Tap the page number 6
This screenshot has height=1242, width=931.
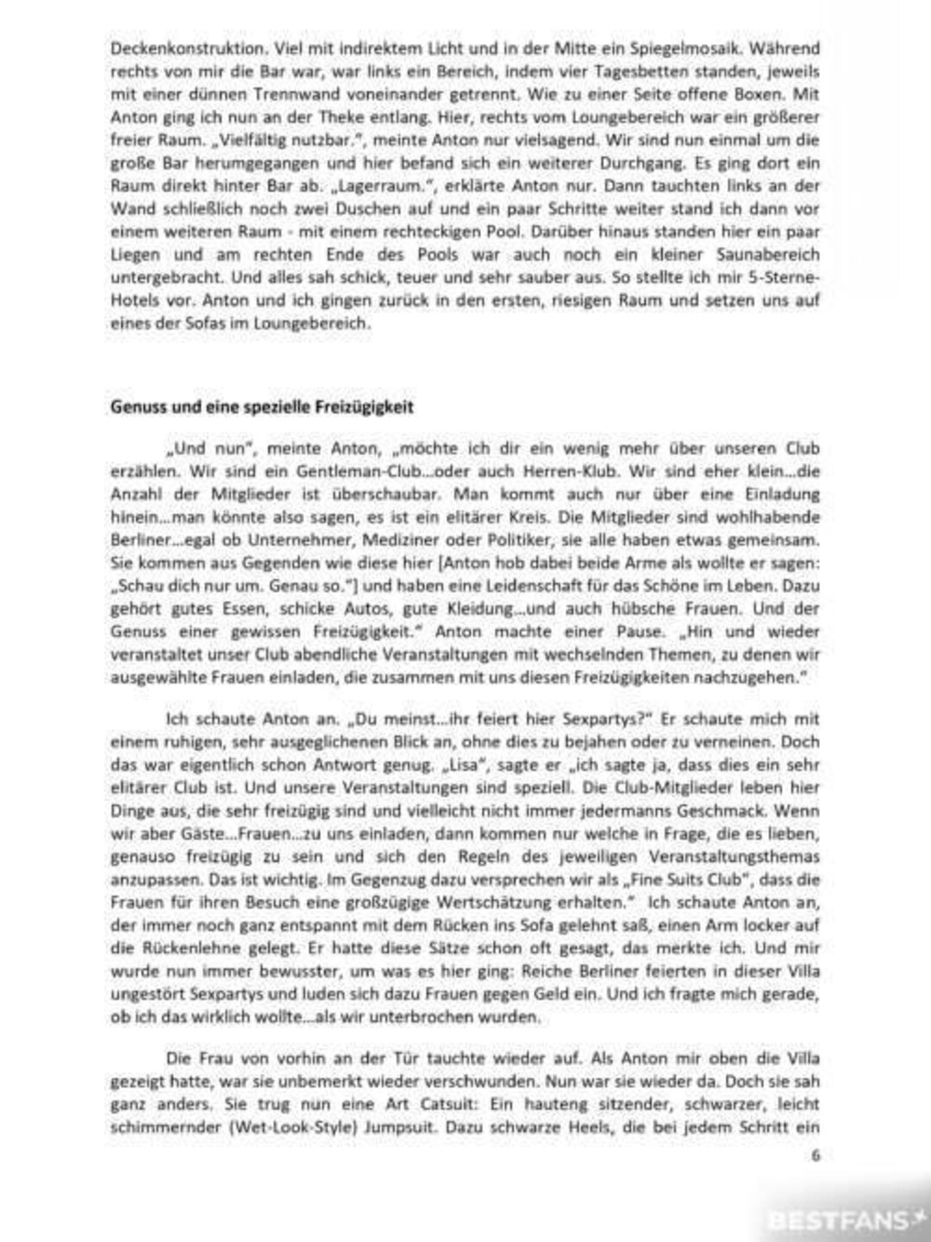(x=815, y=1156)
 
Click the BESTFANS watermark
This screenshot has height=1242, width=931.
(x=837, y=1220)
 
